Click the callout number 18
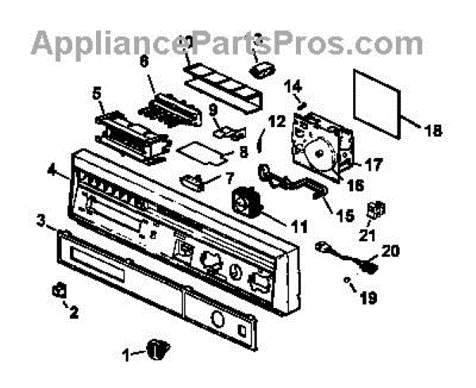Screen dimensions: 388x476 433,133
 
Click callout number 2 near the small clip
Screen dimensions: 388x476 75,312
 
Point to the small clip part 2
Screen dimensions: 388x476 58,290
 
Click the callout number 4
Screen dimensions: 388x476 51,168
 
